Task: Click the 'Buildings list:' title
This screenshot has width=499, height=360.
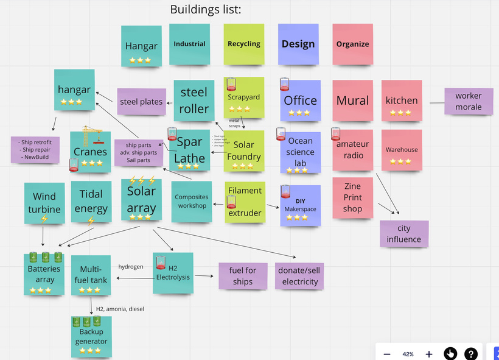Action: tap(206, 9)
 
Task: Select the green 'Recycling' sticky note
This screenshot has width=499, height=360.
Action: tap(244, 44)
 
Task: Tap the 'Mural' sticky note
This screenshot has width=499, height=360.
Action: tap(352, 101)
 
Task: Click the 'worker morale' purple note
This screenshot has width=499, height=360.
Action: tap(468, 101)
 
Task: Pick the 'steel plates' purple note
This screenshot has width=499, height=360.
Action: tap(141, 102)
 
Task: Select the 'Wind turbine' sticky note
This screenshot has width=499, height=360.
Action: tap(44, 203)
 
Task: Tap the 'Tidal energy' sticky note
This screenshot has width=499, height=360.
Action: tap(91, 202)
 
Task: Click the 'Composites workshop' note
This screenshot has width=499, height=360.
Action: tap(191, 202)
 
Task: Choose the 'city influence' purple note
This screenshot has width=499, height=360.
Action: tap(403, 234)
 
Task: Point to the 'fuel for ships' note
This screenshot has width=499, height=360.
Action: tap(242, 276)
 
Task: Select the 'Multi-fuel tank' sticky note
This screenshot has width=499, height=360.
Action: tap(91, 275)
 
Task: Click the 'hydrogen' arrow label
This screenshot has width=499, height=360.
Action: tap(131, 267)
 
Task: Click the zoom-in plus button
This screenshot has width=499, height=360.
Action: tap(428, 354)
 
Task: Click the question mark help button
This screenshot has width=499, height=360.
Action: tap(470, 354)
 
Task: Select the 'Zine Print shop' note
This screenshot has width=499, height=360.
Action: tap(352, 198)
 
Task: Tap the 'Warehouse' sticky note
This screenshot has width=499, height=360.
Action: tap(402, 150)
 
